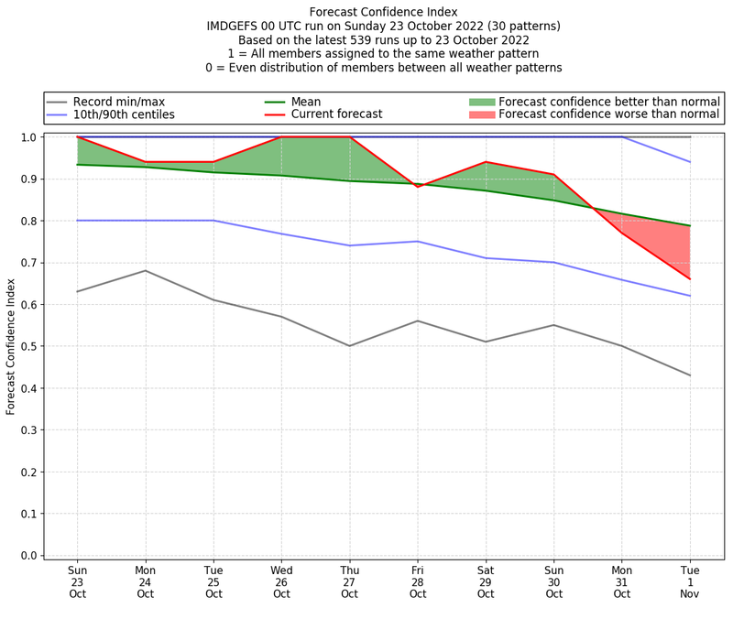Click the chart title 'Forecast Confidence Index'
click(383, 12)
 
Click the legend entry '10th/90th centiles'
click(124, 114)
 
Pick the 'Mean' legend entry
click(306, 102)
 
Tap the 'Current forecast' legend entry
click(336, 114)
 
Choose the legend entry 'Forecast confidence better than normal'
click(608, 102)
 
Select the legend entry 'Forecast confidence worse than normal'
click(608, 114)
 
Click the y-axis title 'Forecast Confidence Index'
click(12, 346)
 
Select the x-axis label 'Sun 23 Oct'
click(77, 581)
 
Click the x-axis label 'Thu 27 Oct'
click(349, 581)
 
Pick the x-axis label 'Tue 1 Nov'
click(690, 581)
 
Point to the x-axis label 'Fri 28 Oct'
click(418, 581)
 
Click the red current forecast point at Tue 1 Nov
click(690, 279)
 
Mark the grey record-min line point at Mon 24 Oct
click(145, 270)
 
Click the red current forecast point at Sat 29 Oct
click(486, 162)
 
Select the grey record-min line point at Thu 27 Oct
click(349, 346)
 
